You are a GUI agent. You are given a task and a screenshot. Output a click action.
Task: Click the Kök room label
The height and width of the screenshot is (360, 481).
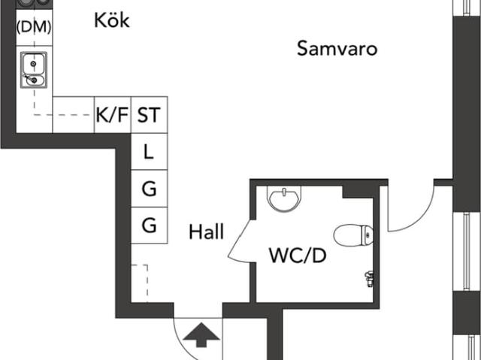coord(112,20)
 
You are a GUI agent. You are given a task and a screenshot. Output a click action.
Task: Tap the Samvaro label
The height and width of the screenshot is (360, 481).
coord(337,50)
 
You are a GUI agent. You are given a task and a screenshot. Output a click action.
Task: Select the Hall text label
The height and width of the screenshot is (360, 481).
coord(206,232)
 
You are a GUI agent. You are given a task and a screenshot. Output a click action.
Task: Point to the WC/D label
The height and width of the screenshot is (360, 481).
coord(298,256)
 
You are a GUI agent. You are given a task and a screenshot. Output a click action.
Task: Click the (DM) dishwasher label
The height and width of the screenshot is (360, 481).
coord(34,27)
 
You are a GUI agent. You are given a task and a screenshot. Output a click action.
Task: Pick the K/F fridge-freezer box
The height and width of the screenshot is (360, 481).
coord(113,115)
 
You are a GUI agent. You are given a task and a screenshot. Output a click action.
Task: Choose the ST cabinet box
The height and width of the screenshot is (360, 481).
coord(149,115)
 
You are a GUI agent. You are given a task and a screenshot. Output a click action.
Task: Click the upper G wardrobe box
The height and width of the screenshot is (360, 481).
coord(149,189)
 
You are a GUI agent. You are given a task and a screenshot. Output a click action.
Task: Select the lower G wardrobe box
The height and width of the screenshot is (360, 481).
coord(149,225)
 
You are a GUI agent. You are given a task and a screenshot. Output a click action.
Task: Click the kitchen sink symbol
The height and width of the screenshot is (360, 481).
coord(34,69)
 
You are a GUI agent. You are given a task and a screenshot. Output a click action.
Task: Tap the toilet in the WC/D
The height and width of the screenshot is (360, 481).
coord(353,234)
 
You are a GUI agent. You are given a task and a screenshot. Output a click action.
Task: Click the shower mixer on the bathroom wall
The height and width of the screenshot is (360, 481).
coord(368,277)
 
